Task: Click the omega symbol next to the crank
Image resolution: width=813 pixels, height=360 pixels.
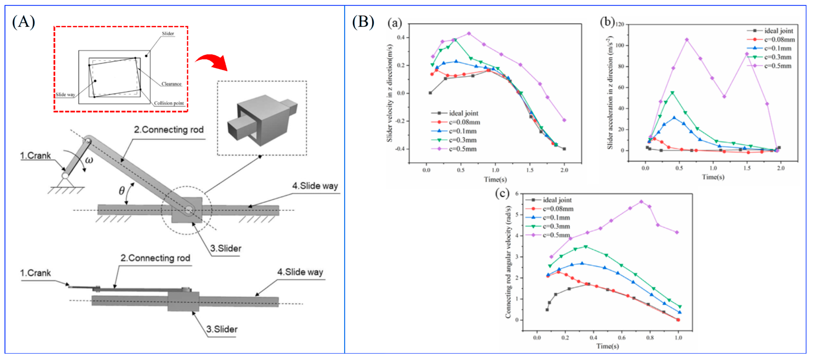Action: click(x=89, y=160)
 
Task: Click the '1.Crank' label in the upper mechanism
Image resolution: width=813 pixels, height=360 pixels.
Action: click(x=35, y=156)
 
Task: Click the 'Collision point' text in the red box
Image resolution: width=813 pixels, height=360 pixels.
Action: click(x=169, y=103)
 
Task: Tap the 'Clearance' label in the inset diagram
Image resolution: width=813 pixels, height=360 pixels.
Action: click(x=171, y=84)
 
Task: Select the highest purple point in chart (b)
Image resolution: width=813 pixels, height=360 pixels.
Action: click(x=687, y=40)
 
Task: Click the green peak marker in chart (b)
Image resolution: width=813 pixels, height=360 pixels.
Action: click(x=672, y=93)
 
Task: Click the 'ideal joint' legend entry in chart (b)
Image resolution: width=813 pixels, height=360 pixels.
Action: click(x=778, y=31)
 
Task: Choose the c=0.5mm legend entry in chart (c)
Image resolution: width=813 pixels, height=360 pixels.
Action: click(x=556, y=235)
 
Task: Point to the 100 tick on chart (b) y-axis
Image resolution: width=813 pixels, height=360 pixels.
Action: click(x=620, y=45)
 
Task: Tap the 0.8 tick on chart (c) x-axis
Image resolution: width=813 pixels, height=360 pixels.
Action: click(x=650, y=338)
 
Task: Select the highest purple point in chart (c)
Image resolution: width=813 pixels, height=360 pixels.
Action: click(x=641, y=202)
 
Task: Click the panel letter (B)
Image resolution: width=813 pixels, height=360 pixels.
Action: click(x=363, y=22)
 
